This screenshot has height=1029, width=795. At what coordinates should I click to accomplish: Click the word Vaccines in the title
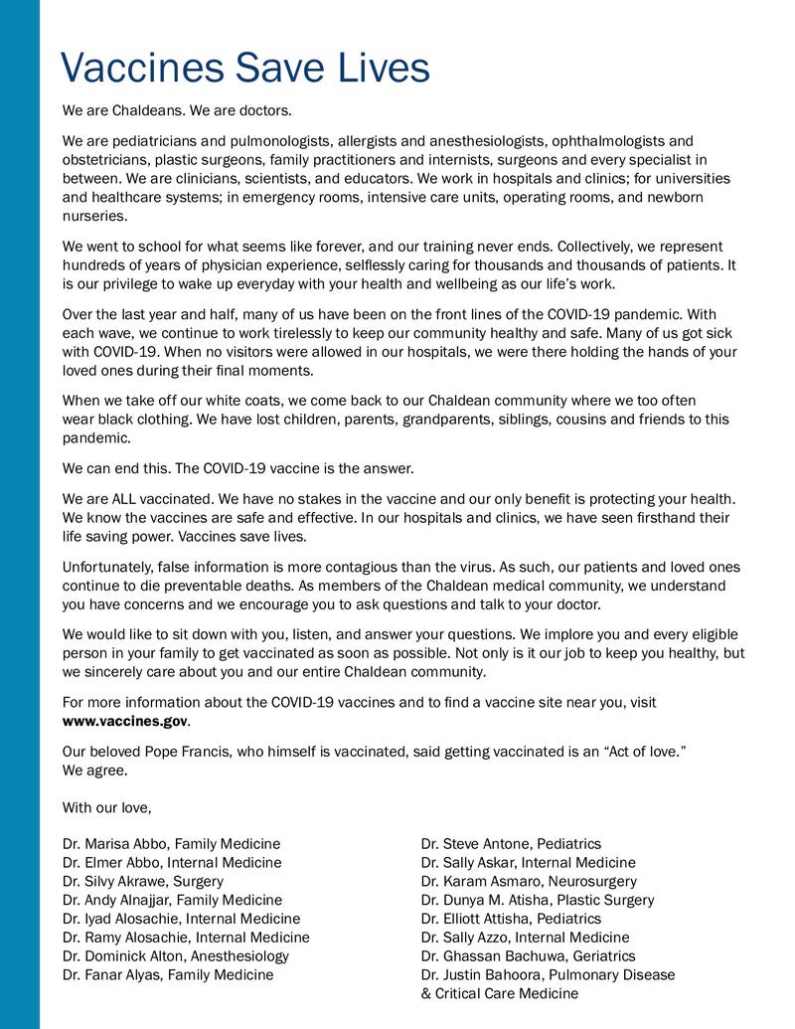pyautogui.click(x=139, y=69)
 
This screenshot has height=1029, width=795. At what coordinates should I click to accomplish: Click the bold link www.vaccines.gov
pyautogui.click(x=125, y=720)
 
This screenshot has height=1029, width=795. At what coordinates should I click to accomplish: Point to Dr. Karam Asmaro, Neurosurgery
pyautogui.click(x=529, y=881)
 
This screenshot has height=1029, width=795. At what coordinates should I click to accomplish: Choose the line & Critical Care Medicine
pyautogui.click(x=499, y=993)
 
